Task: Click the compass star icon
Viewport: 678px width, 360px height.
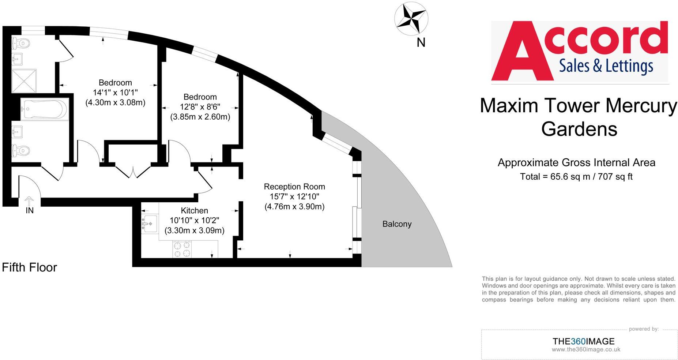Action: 411,19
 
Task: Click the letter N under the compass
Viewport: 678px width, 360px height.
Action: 421,43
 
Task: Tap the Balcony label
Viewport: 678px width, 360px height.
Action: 397,224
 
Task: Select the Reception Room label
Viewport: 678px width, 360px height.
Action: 294,187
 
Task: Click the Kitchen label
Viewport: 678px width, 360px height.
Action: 194,210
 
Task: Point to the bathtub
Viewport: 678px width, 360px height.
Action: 45,109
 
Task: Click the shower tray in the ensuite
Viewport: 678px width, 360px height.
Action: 24,81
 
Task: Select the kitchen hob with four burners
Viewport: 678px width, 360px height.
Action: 182,249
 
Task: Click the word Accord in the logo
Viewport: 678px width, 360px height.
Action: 579,50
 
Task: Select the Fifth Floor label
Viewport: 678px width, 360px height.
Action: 30,267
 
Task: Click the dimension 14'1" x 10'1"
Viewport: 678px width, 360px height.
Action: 115,93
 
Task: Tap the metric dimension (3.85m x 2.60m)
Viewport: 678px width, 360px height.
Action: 200,117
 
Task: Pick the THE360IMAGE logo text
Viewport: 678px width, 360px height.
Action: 583,341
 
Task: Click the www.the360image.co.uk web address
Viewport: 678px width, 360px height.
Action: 586,349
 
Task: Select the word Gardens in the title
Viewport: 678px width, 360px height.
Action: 579,129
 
